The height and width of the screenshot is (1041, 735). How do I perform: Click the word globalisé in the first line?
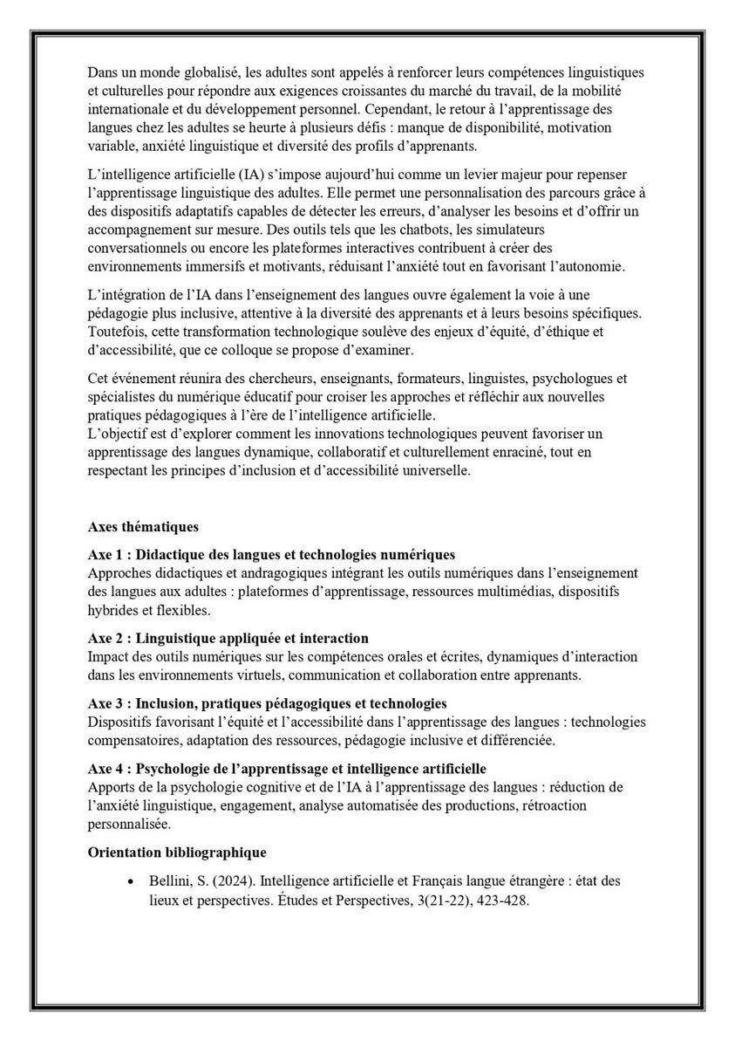pyautogui.click(x=199, y=72)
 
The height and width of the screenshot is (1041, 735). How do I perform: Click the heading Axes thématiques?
pyautogui.click(x=143, y=527)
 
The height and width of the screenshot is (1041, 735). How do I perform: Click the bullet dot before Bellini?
pyautogui.click(x=130, y=882)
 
